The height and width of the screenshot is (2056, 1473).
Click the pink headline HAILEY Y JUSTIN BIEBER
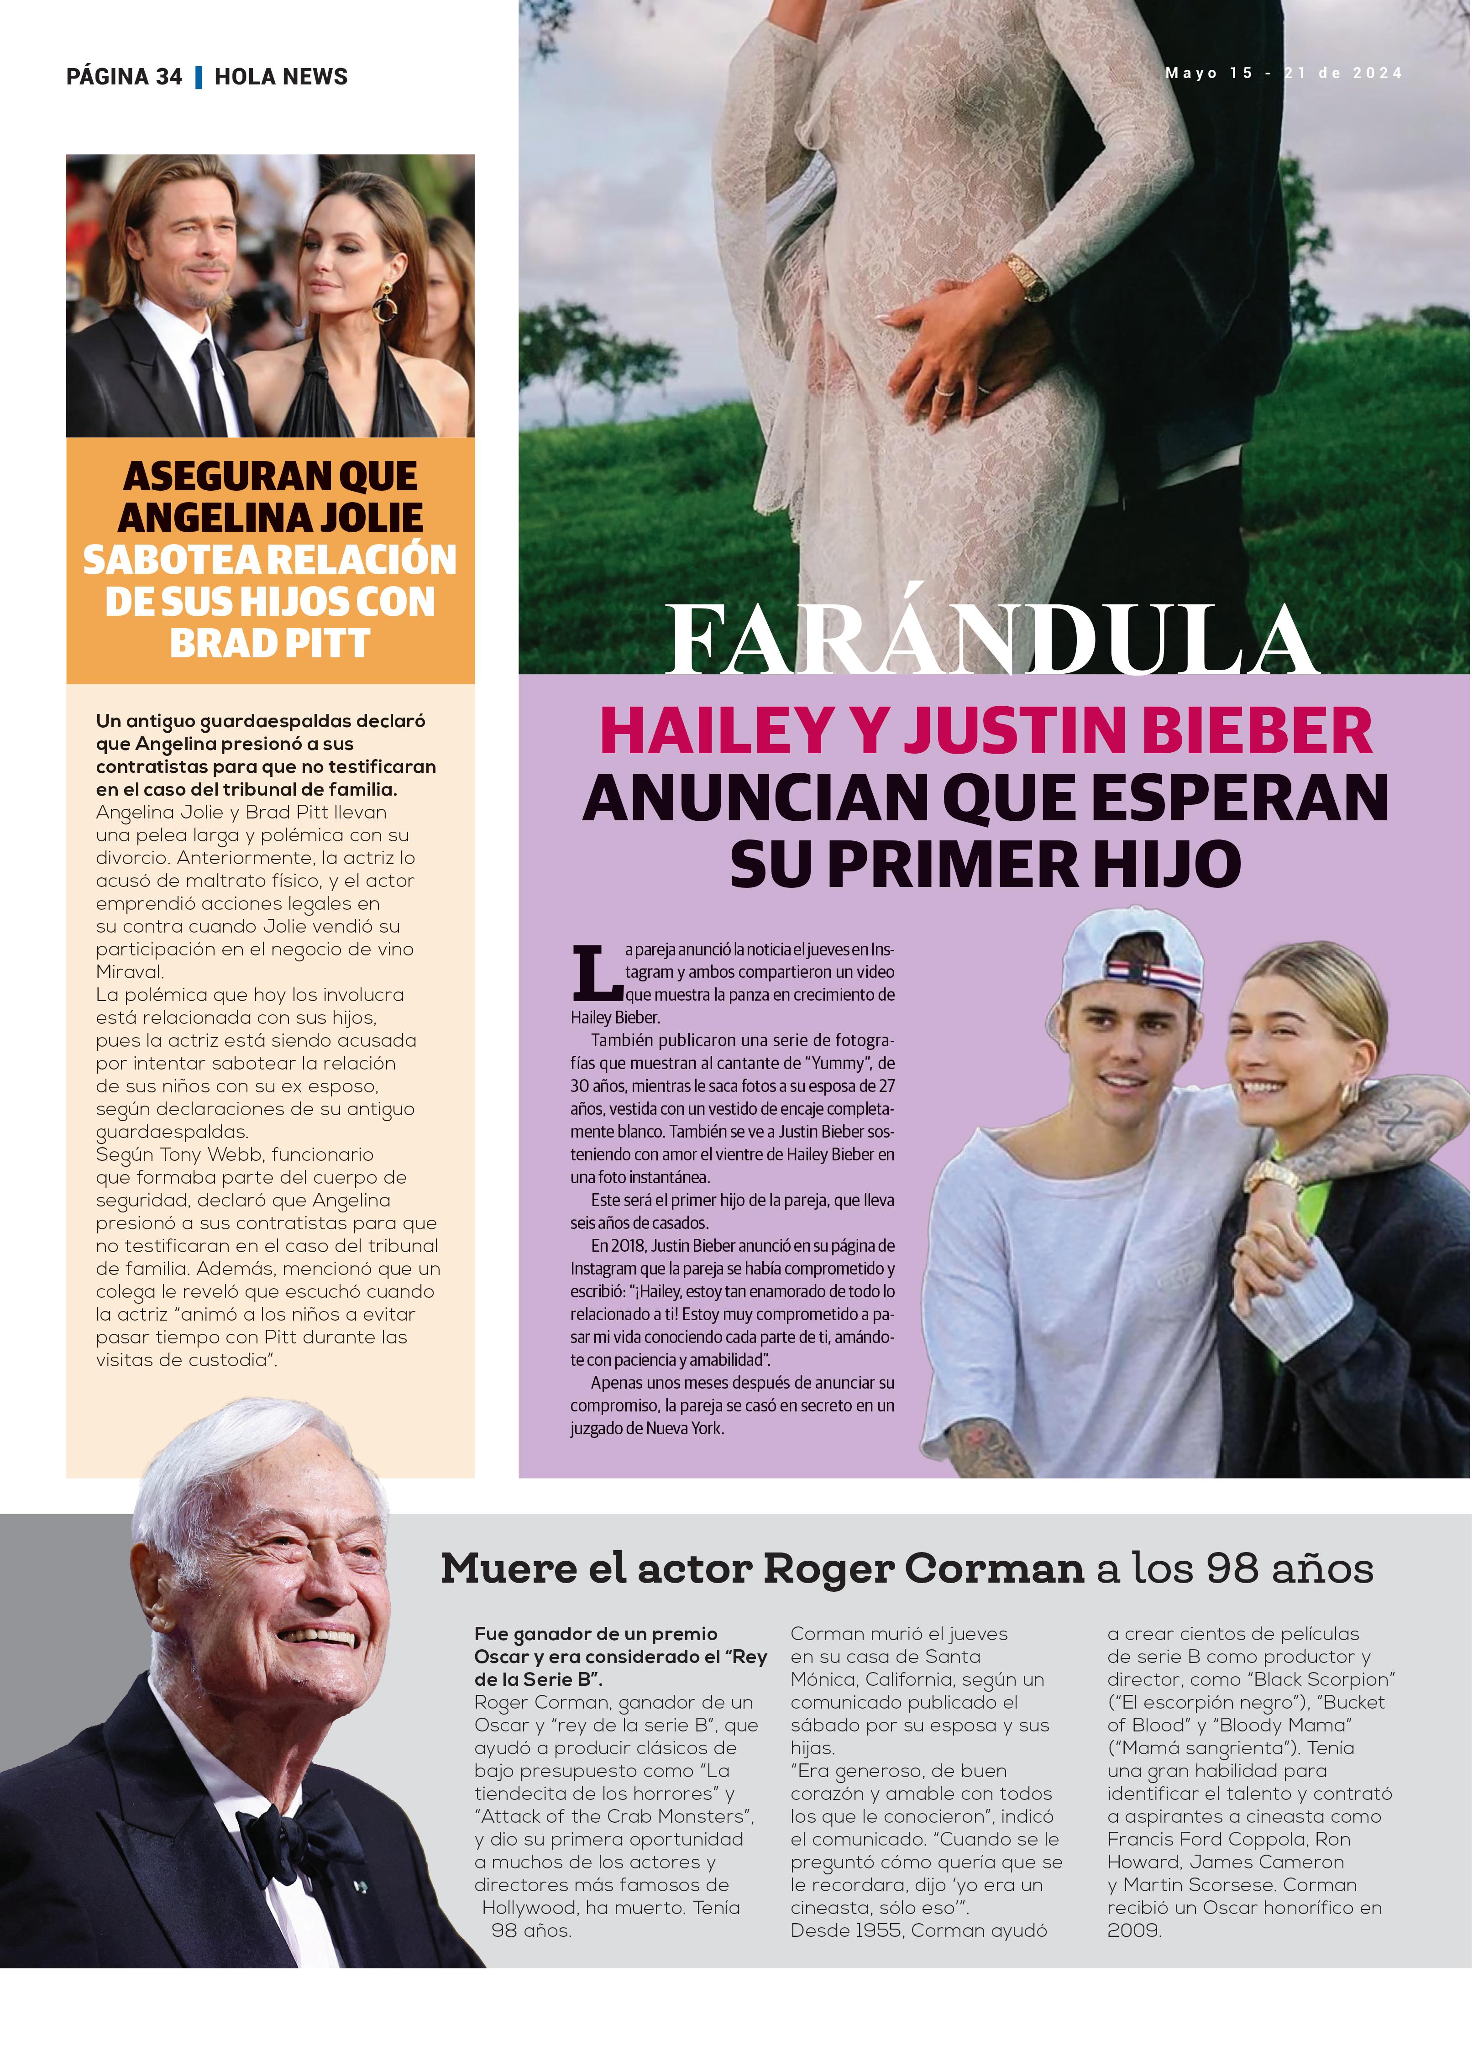click(x=986, y=731)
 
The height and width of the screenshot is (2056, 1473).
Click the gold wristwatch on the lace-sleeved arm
click(x=1027, y=277)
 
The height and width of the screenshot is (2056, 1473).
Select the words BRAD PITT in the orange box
click(x=270, y=644)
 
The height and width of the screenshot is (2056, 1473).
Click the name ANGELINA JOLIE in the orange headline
click(x=270, y=518)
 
